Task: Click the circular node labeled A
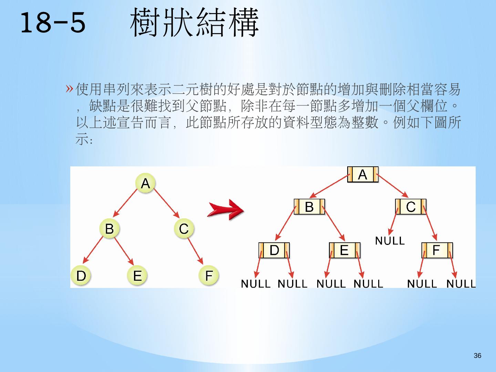pyautogui.click(x=145, y=183)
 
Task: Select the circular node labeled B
pyautogui.click(x=109, y=229)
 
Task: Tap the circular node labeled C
pyautogui.click(x=184, y=229)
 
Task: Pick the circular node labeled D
pyautogui.click(x=81, y=276)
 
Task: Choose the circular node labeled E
pyautogui.click(x=137, y=276)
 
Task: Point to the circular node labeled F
pyautogui.click(x=209, y=276)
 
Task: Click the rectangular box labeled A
pyautogui.click(x=363, y=175)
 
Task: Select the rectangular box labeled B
pyautogui.click(x=309, y=207)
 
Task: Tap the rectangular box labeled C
pyautogui.click(x=411, y=207)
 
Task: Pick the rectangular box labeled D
pyautogui.click(x=274, y=250)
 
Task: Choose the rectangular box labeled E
pyautogui.click(x=344, y=250)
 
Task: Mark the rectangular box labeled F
pyautogui.click(x=437, y=250)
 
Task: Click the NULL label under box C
pyautogui.click(x=390, y=241)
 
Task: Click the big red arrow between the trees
pyautogui.click(x=225, y=210)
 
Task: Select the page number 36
pyautogui.click(x=477, y=356)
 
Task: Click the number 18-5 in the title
pyautogui.click(x=53, y=22)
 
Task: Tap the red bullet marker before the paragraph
pyautogui.click(x=69, y=89)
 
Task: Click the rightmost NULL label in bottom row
pyautogui.click(x=461, y=284)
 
